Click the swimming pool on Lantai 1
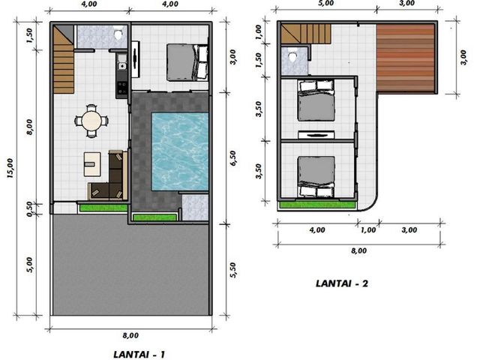pyautogui.click(x=180, y=151)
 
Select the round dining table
pyautogui.click(x=91, y=121)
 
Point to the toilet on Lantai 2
pyautogui.click(x=292, y=57)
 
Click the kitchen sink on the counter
pyautogui.click(x=121, y=66)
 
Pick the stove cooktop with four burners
pyautogui.click(x=121, y=87)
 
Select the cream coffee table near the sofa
pyautogui.click(x=92, y=164)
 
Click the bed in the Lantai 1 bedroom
pyautogui.click(x=187, y=62)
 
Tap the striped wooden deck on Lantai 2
pyautogui.click(x=405, y=58)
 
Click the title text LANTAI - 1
pyautogui.click(x=139, y=355)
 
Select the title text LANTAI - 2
pyautogui.click(x=342, y=283)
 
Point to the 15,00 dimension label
pyautogui.click(x=10, y=168)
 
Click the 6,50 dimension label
pyautogui.click(x=233, y=158)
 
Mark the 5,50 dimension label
pyautogui.click(x=233, y=270)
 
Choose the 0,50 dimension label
pyautogui.click(x=30, y=209)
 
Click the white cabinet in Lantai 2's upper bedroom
pyautogui.click(x=316, y=135)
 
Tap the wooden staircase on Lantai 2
pyautogui.click(x=306, y=34)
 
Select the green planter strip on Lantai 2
pyautogui.click(x=317, y=205)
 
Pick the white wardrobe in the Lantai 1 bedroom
pyautogui.click(x=136, y=59)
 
